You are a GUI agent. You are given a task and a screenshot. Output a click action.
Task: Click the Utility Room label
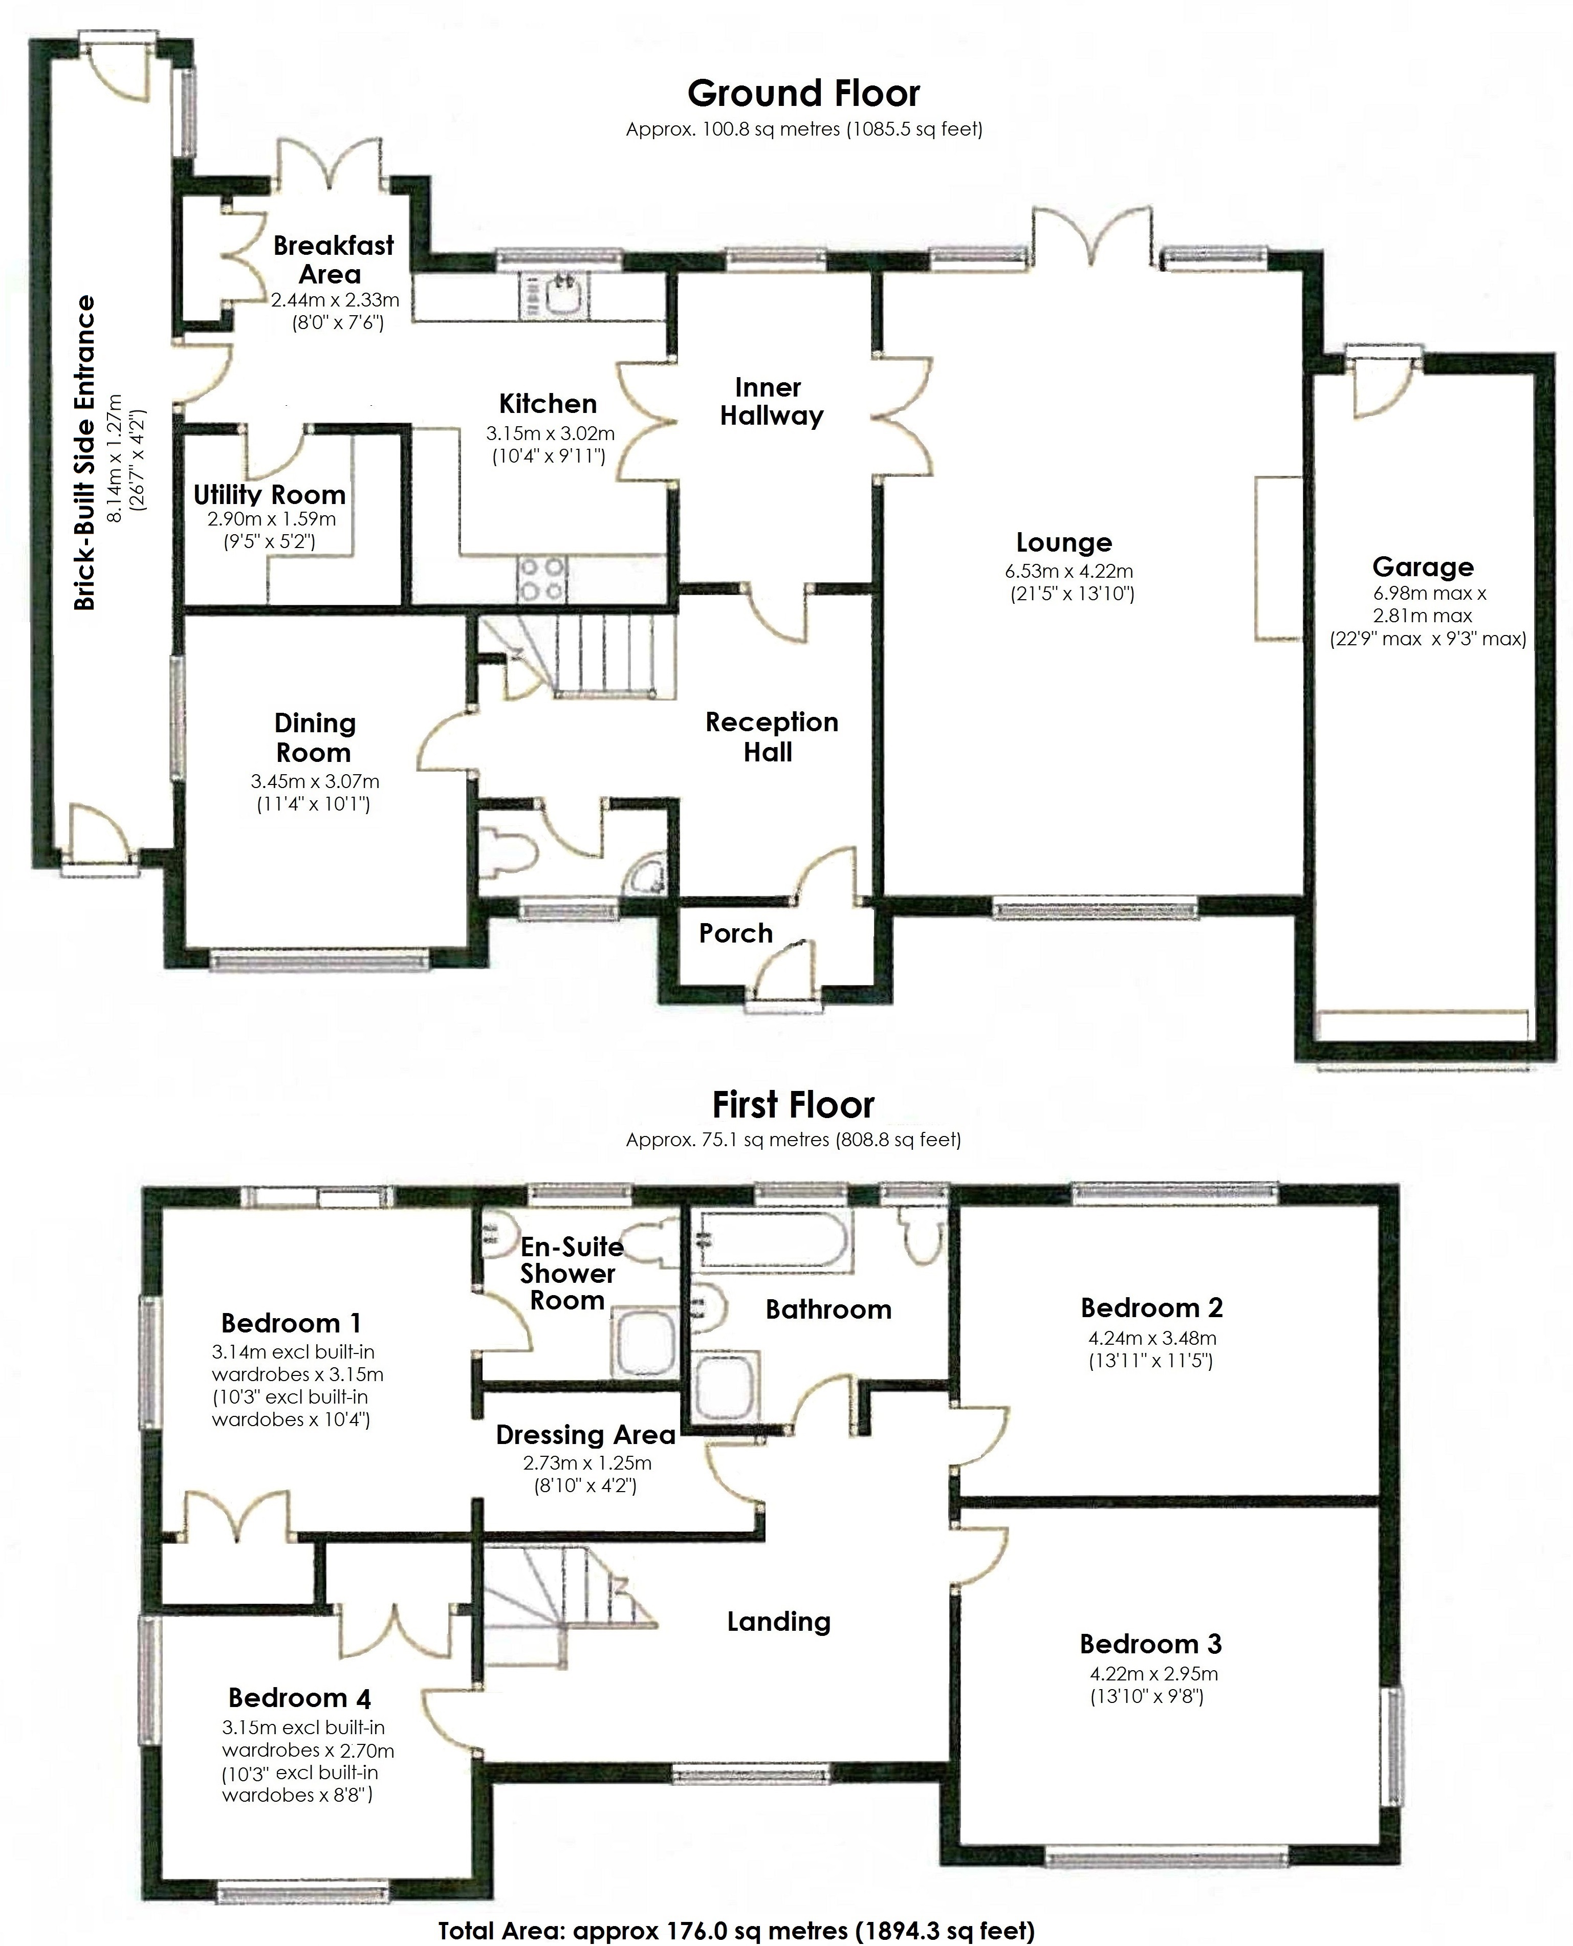(269, 495)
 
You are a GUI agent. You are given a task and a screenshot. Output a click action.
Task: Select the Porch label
(735, 933)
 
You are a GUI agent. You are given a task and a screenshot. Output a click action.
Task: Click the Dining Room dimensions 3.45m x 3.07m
(314, 781)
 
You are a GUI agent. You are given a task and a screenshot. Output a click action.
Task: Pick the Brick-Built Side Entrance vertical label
(84, 453)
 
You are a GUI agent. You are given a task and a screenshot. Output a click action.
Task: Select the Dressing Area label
(585, 1435)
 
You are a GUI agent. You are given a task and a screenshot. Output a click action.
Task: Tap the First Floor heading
(793, 1104)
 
